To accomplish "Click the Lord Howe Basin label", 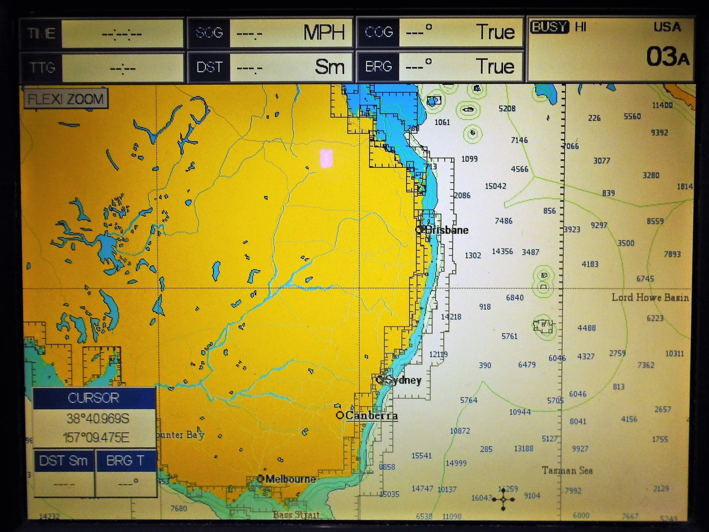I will coord(650,298).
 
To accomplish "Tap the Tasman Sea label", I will coord(567,470).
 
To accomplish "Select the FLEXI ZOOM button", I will coord(66,99).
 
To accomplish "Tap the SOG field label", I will coord(209,33).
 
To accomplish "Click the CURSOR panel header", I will coord(94,398).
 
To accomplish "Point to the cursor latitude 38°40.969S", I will coord(98,419).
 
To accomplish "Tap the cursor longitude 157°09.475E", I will coord(96,438).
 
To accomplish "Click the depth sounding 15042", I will coord(495,186).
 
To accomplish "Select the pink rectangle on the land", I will coord(326,158).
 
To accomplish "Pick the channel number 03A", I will coord(667,57).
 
